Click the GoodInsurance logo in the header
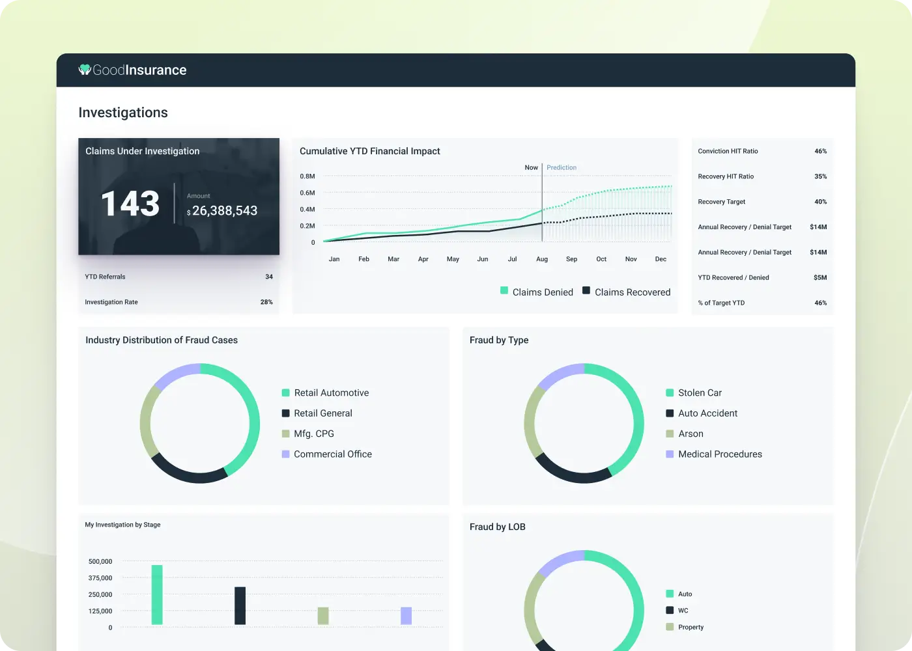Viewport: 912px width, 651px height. coord(133,70)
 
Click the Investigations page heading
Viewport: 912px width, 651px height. coord(123,113)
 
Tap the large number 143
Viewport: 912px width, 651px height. coord(130,204)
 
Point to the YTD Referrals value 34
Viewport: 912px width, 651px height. coord(269,277)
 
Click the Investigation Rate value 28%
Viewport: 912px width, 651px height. coord(266,302)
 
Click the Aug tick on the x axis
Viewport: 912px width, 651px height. coord(542,259)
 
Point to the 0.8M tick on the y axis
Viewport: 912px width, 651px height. coord(307,176)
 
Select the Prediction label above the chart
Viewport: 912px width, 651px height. coord(562,168)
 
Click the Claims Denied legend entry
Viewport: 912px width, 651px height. coord(537,292)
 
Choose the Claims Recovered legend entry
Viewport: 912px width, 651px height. coord(626,292)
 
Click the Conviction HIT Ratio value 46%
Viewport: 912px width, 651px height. coord(820,151)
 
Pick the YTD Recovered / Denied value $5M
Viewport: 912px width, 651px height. coord(820,277)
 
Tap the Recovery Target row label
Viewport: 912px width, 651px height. coord(722,202)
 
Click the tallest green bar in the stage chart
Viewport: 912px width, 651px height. coord(157,594)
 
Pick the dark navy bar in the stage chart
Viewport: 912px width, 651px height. coord(240,605)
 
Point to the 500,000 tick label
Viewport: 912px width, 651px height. coord(100,561)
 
